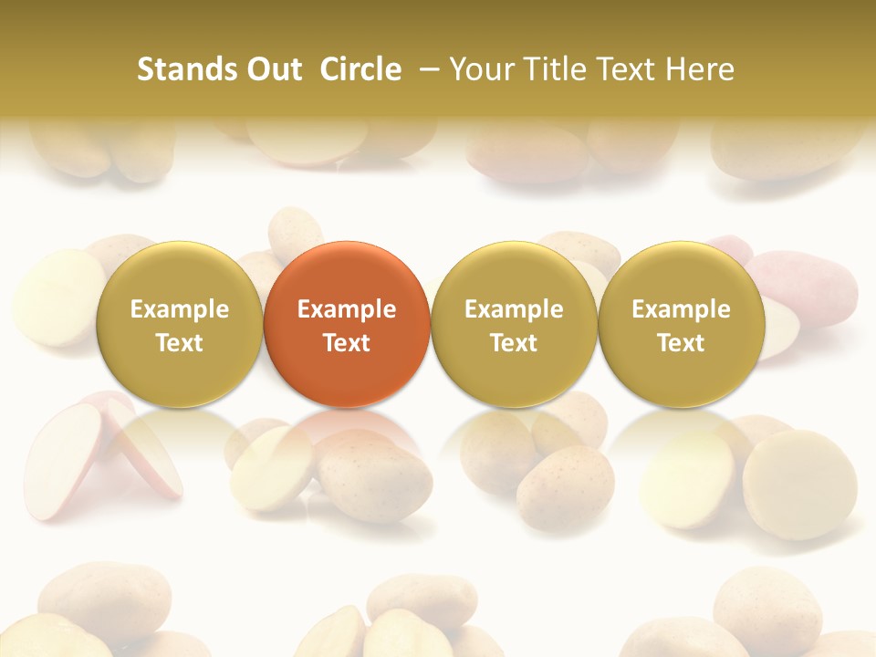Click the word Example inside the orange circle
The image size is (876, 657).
[x=347, y=309]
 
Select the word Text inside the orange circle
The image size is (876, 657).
[x=347, y=343]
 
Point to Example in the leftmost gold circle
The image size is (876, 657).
[x=180, y=309]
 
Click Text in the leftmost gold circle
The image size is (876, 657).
[x=180, y=343]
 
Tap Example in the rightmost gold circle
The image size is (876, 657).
[x=682, y=309]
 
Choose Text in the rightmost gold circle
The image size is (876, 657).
[x=682, y=343]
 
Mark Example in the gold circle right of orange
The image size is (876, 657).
[x=514, y=309]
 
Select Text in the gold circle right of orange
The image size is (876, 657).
[x=514, y=343]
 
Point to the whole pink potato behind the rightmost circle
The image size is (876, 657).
[x=808, y=283]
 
